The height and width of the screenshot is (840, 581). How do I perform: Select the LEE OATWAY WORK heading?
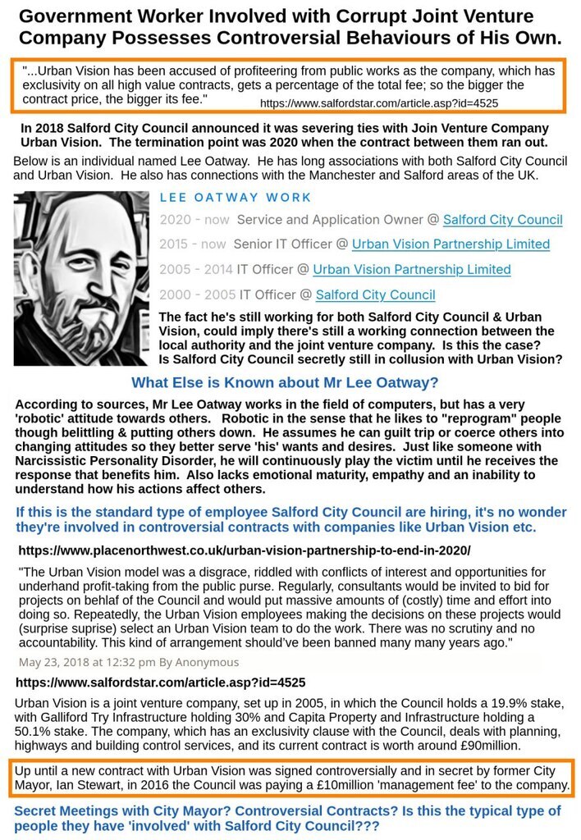pyautogui.click(x=236, y=197)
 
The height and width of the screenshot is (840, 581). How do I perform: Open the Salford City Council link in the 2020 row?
pyautogui.click(x=502, y=220)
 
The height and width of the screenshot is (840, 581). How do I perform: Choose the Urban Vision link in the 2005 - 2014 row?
pyautogui.click(x=411, y=269)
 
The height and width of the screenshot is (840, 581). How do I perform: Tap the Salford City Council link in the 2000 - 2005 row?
pyautogui.click(x=375, y=294)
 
